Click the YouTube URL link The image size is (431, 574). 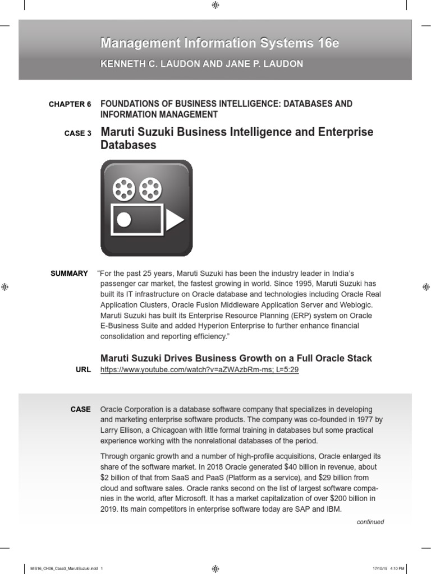pyautogui.click(x=199, y=371)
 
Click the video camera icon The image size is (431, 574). pyautogui.click(x=146, y=208)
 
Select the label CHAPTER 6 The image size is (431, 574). pyautogui.click(x=70, y=105)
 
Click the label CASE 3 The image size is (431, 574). pyautogui.click(x=78, y=133)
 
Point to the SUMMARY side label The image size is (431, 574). pyautogui.click(x=69, y=274)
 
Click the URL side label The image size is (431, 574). pyautogui.click(x=82, y=371)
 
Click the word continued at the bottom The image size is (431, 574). pyautogui.click(x=370, y=522)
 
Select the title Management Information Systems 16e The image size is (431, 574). pyautogui.click(x=219, y=43)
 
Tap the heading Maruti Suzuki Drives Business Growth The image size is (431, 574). pyautogui.click(x=236, y=358)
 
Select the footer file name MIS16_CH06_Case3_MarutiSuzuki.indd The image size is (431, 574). pyautogui.click(x=66, y=569)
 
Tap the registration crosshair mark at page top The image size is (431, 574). pyautogui.click(x=215, y=5)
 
